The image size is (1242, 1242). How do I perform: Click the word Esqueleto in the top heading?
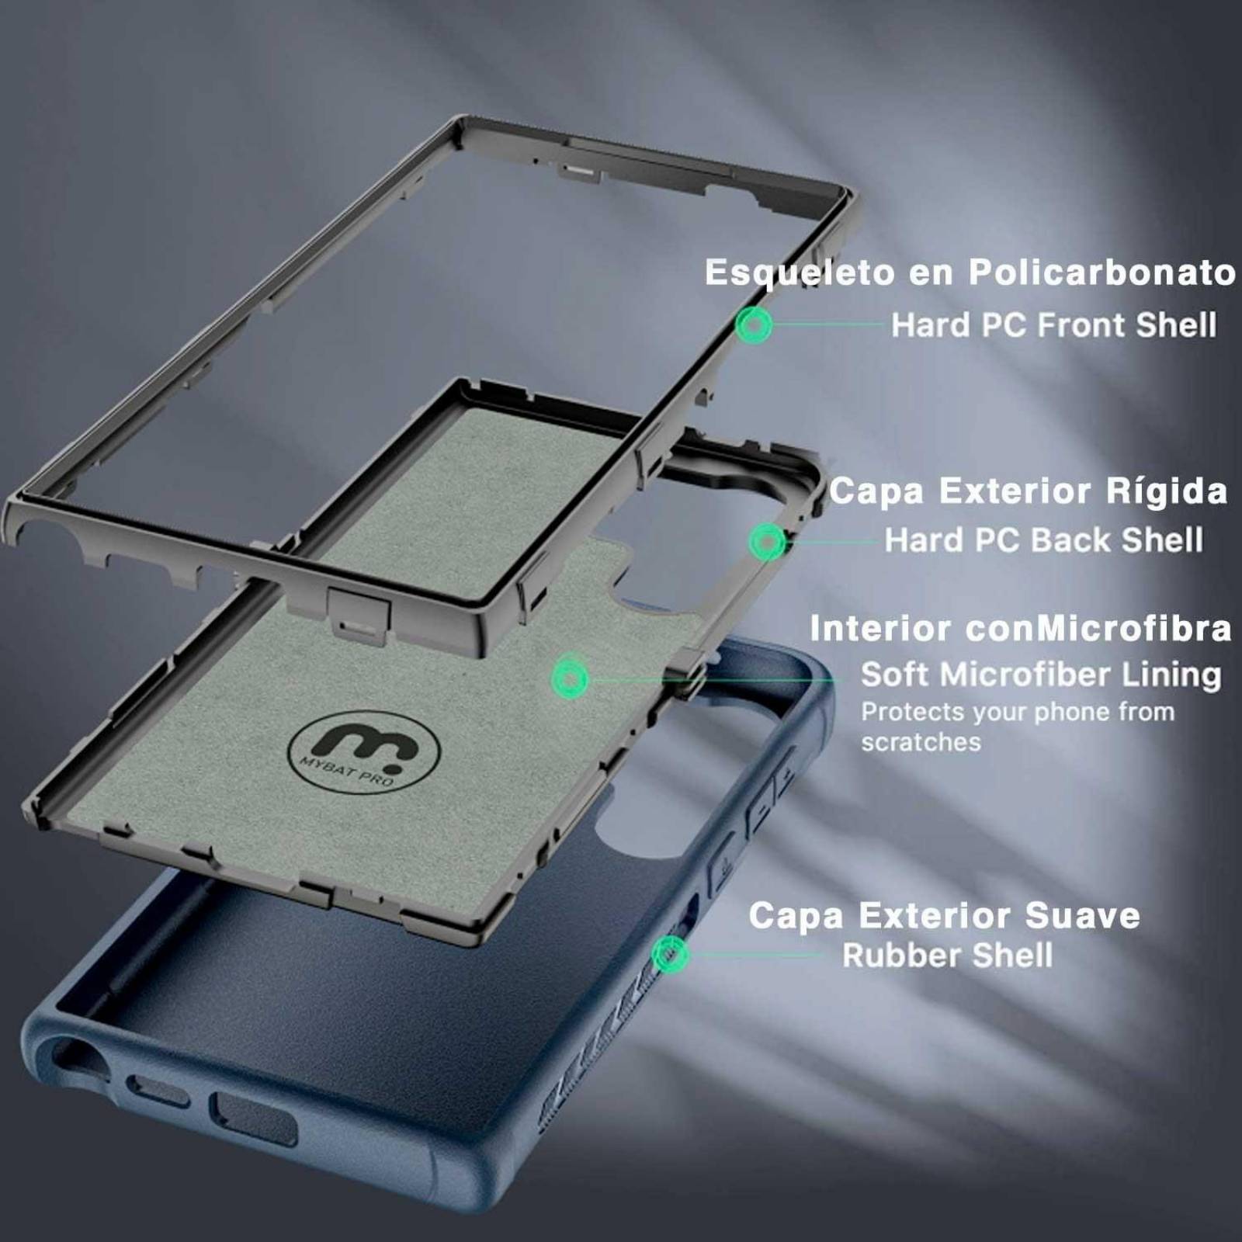click(x=799, y=273)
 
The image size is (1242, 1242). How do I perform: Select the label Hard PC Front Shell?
click(x=1053, y=325)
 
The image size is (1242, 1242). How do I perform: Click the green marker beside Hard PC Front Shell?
click(x=754, y=324)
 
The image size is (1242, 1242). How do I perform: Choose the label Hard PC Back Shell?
click(x=1044, y=540)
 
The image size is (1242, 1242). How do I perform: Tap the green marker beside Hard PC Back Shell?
click(x=768, y=541)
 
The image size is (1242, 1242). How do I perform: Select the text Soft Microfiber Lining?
click(x=1041, y=675)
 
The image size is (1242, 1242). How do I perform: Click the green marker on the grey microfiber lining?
click(x=571, y=680)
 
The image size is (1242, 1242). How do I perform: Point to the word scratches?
click(x=921, y=742)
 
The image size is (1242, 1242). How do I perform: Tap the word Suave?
click(x=1082, y=915)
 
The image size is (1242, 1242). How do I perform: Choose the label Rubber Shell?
click(x=948, y=956)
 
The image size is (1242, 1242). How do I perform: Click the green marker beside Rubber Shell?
click(x=668, y=954)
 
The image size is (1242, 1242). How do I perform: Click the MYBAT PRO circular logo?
click(x=363, y=751)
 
